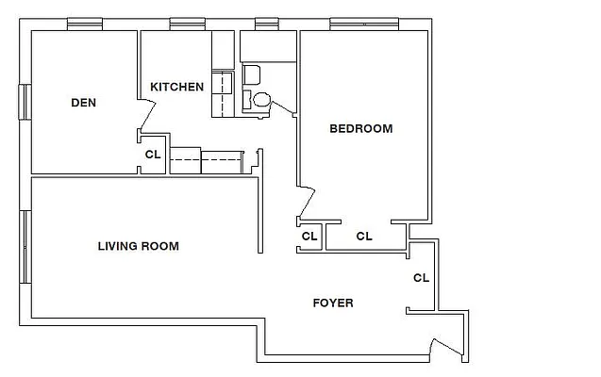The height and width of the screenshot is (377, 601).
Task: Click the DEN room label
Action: coord(84,103)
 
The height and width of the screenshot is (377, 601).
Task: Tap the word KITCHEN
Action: coord(177,87)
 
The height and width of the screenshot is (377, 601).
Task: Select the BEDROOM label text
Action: coord(360,129)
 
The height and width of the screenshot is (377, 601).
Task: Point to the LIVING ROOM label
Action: coord(139,247)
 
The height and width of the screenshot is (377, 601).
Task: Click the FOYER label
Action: coord(333,303)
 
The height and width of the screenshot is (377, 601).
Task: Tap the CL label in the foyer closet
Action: coord(421,278)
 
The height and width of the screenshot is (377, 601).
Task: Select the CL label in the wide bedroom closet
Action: coord(364,237)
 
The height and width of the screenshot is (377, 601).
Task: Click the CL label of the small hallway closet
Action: coord(309,237)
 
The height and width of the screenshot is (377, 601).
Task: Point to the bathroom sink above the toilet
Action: coord(252,75)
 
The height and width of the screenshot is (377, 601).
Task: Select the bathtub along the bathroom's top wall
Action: coord(269,45)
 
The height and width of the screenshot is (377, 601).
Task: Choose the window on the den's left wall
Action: coord(26,102)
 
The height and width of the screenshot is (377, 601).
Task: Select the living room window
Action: coord(26,246)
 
